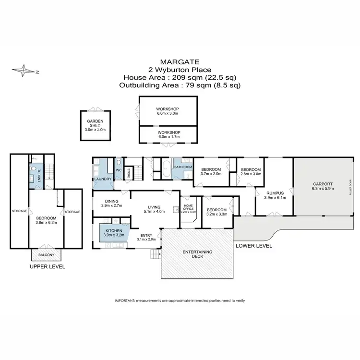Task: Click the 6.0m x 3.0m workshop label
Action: (x=168, y=111)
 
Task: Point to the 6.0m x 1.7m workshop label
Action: (x=168, y=134)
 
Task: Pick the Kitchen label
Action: (x=114, y=232)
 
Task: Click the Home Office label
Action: (x=188, y=207)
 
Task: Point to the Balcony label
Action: (x=46, y=254)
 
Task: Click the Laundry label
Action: (x=103, y=179)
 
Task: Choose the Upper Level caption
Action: (x=47, y=267)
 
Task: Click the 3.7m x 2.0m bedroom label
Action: (x=211, y=172)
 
